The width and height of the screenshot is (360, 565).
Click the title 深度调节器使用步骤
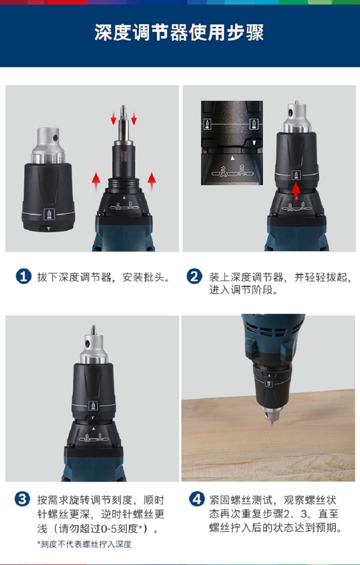point(179,32)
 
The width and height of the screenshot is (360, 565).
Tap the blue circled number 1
point(23,277)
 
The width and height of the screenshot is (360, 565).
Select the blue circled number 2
point(195,277)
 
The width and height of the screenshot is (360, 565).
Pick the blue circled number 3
point(22,499)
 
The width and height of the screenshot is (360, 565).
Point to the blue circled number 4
point(197,499)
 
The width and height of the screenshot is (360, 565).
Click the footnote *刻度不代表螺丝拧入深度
point(84,544)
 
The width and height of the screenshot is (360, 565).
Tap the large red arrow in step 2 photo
point(296,191)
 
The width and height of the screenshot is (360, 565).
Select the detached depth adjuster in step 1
point(48,179)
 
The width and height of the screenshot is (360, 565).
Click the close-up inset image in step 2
point(232,143)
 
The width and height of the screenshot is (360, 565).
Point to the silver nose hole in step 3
point(88,343)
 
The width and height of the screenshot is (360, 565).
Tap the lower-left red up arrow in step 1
point(96,181)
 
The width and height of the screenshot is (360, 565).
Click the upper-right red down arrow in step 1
point(134,118)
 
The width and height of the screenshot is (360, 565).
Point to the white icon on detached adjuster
point(49,214)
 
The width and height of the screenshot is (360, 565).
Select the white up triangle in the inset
point(233,158)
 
